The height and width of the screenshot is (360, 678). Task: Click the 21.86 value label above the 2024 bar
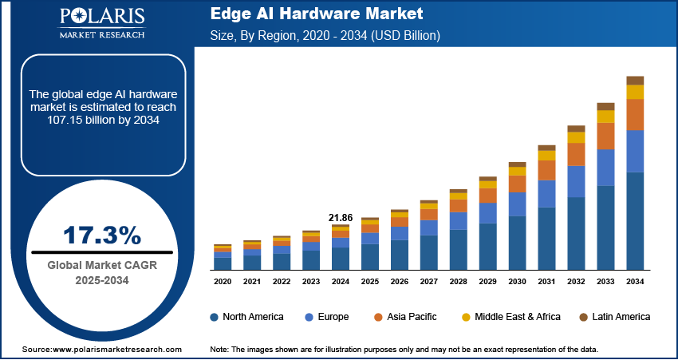pos(340,217)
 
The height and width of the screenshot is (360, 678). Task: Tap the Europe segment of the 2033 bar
pos(605,168)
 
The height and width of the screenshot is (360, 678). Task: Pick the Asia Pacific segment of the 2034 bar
pos(635,115)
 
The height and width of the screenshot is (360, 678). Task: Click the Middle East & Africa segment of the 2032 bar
pos(576,137)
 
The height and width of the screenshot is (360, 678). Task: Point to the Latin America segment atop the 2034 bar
pos(635,81)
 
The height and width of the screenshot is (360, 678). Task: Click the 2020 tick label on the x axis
pos(223,282)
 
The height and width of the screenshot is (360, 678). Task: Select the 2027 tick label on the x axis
pos(428,282)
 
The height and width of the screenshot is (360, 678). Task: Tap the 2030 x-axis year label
pos(517,282)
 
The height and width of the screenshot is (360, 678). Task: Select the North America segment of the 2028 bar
pos(458,249)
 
